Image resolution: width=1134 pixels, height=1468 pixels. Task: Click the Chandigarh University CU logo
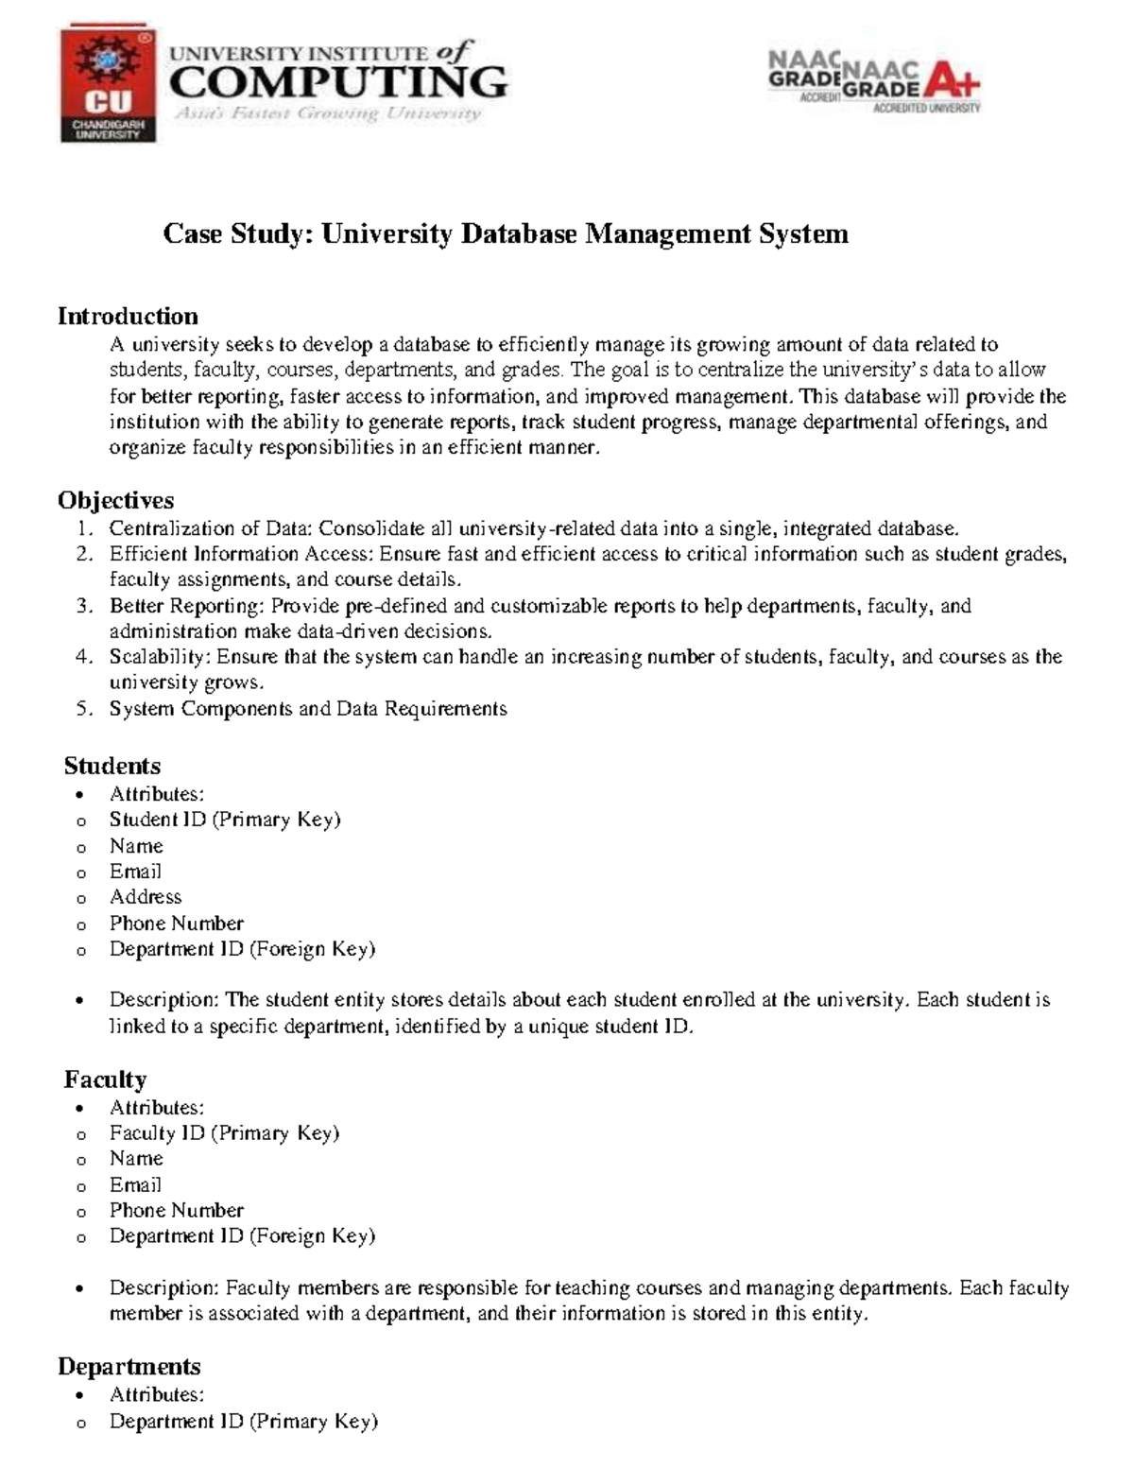(x=108, y=84)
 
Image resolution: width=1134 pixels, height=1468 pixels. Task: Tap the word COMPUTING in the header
(x=337, y=83)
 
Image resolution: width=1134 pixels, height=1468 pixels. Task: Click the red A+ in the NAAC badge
(x=952, y=81)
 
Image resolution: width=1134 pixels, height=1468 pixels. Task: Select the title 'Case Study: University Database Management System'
(x=506, y=233)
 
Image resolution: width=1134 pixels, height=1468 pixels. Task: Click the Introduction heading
(x=128, y=316)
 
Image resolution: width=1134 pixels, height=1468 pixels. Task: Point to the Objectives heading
(x=115, y=500)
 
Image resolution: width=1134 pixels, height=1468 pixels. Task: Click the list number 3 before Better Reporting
(x=83, y=606)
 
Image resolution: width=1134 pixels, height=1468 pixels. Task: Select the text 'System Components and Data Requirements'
(x=308, y=709)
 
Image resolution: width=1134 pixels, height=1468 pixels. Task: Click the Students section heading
(x=112, y=766)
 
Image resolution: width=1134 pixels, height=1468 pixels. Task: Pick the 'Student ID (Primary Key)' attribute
(x=225, y=820)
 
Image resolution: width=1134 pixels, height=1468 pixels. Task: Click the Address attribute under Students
(x=146, y=897)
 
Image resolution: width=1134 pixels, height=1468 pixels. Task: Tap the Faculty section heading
(x=105, y=1079)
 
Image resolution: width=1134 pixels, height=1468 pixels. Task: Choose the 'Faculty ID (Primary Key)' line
(x=224, y=1133)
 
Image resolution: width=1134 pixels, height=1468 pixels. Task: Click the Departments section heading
(x=129, y=1367)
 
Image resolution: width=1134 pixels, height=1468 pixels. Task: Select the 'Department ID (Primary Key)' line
(x=243, y=1422)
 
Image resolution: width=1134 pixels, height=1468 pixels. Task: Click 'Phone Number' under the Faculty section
(x=177, y=1211)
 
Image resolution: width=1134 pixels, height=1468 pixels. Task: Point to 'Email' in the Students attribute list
(x=135, y=872)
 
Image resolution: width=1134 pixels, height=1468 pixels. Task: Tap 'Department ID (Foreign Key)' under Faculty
(x=242, y=1236)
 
